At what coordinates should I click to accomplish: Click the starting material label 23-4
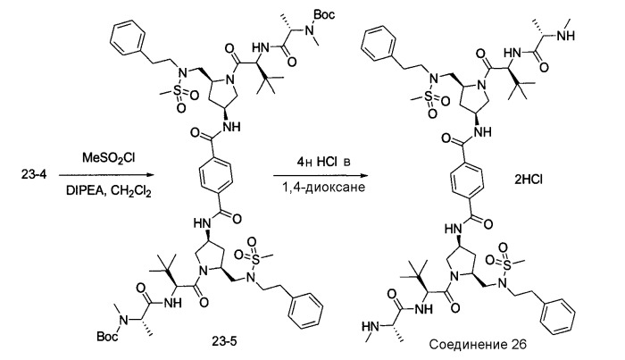click(x=34, y=174)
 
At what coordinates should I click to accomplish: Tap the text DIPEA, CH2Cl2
click(x=109, y=192)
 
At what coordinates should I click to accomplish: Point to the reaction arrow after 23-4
click(x=106, y=175)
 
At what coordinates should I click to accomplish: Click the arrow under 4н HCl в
click(x=320, y=175)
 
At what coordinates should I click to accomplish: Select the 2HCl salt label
click(x=528, y=180)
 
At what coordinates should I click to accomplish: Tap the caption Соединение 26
click(x=478, y=344)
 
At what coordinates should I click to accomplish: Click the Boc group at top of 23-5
click(x=324, y=15)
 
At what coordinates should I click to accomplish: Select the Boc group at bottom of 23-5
click(x=107, y=338)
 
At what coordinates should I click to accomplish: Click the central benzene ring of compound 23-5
click(x=215, y=175)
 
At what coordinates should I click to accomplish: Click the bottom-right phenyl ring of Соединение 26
click(x=558, y=316)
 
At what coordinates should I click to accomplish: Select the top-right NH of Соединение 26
click(x=565, y=36)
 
